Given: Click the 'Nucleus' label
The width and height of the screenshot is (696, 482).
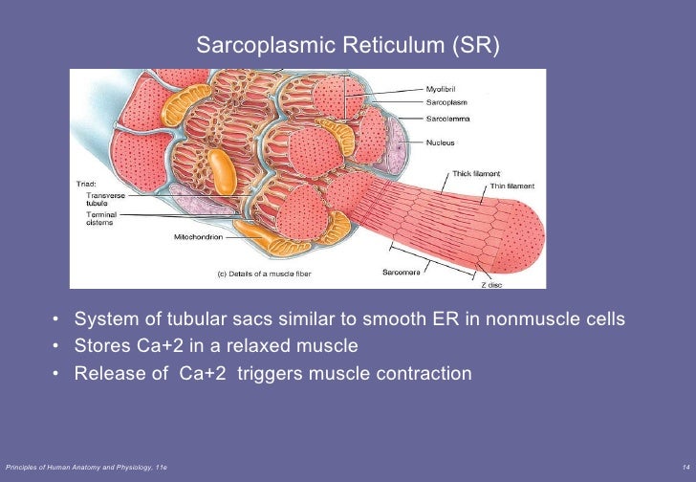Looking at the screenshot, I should (440, 142).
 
